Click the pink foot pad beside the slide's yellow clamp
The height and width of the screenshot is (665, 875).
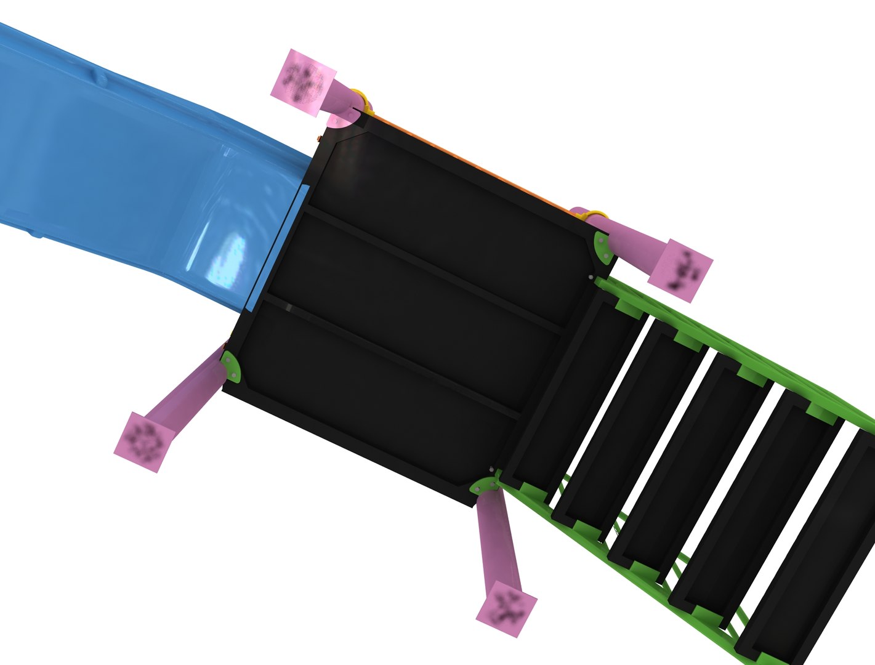pyautogui.click(x=303, y=83)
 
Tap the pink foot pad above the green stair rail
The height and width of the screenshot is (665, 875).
pyautogui.click(x=682, y=270)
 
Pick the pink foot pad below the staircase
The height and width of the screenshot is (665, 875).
pyautogui.click(x=506, y=606)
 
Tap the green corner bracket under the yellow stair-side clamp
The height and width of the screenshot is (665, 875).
pyautogui.click(x=602, y=247)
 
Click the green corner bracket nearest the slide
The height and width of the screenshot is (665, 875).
pyautogui.click(x=232, y=365)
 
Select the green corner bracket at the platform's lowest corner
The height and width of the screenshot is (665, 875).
pyautogui.click(x=483, y=486)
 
